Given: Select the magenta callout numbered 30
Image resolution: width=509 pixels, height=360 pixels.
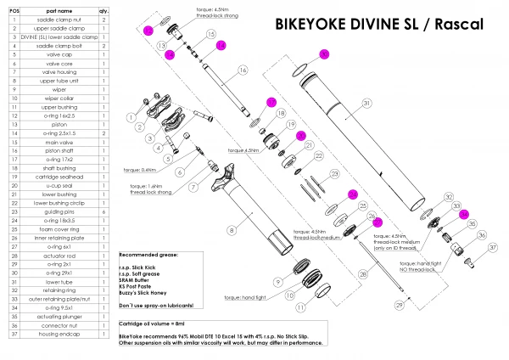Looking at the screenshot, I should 322,54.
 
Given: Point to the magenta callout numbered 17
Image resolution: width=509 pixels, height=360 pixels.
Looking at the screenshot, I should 271,103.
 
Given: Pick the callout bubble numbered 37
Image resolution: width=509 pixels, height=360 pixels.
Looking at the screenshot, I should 491,249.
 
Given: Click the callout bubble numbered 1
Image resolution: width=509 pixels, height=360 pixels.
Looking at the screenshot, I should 131,116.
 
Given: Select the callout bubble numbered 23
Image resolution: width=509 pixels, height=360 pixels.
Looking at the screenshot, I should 334,175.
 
